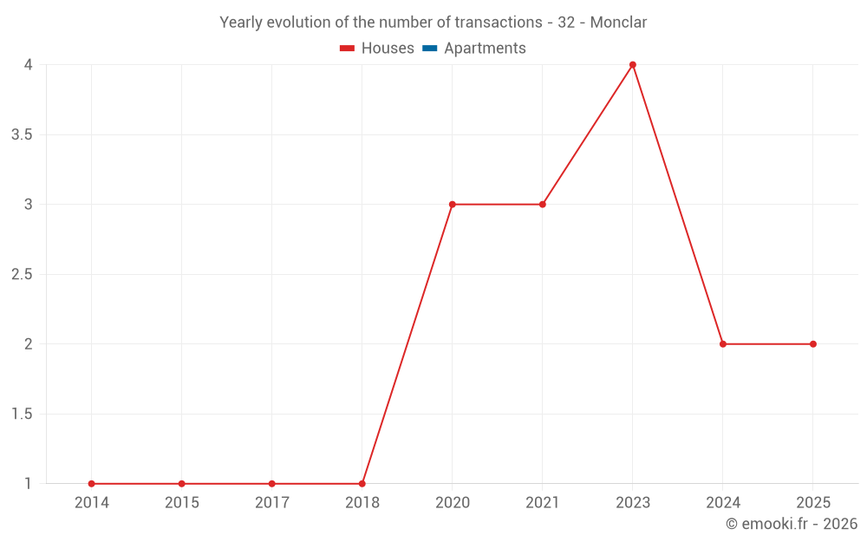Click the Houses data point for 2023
[633, 65]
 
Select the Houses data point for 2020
[453, 205]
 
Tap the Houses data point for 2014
[92, 484]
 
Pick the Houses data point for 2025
[813, 344]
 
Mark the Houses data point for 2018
[362, 484]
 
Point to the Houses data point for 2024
[723, 344]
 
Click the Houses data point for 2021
[543, 205]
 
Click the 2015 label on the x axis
[182, 503]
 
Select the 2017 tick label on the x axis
[272, 503]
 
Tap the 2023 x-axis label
[633, 503]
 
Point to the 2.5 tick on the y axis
[22, 275]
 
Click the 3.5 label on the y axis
[22, 135]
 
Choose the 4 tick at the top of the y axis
[28, 65]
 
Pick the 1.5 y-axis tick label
[22, 415]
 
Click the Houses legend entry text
[388, 49]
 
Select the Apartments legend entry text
[485, 49]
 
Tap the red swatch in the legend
[348, 49]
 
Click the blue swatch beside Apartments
[429, 49]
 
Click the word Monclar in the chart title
[618, 23]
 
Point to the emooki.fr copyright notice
[792, 524]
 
